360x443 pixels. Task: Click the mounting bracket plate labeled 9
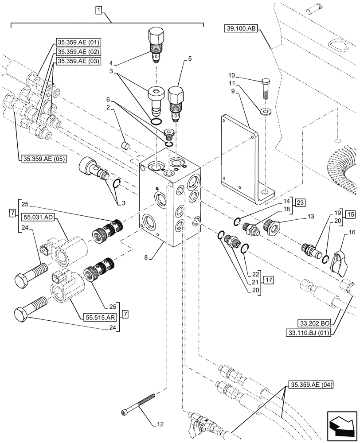click(239, 155)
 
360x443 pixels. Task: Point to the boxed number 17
click(269, 280)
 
